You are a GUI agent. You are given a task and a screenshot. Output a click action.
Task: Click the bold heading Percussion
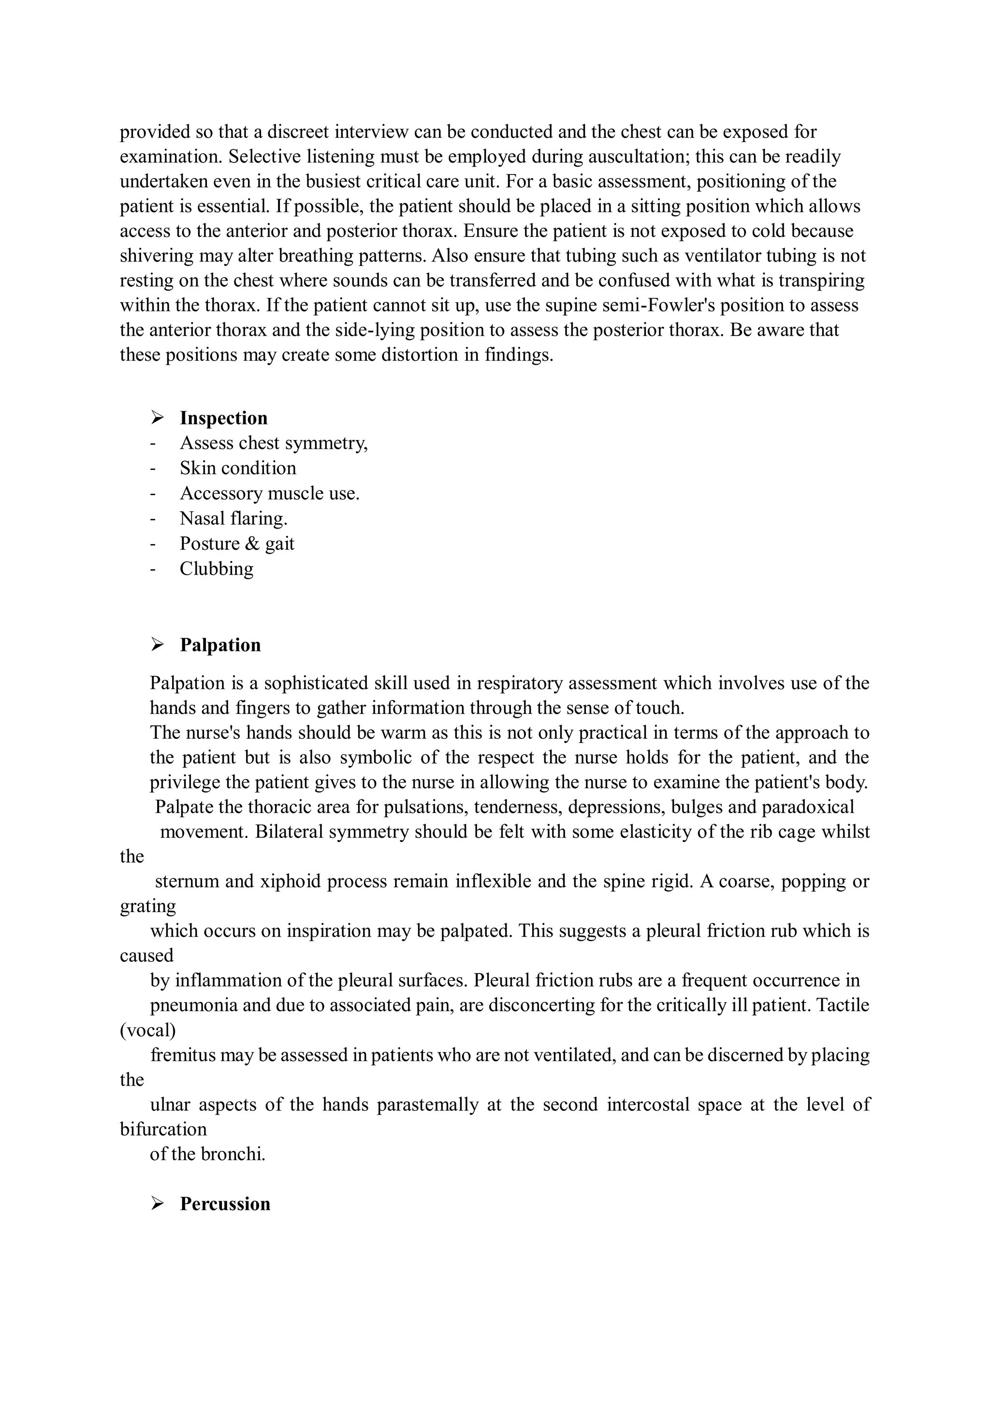coord(224,1204)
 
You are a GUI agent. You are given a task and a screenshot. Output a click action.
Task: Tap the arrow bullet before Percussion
coord(158,1204)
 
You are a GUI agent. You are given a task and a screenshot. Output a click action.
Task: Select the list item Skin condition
coord(237,468)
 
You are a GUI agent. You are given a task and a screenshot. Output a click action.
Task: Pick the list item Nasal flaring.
coord(233,518)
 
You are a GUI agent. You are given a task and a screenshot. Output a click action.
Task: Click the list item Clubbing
coord(216,569)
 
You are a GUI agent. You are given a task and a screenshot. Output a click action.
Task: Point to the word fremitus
coord(183,1055)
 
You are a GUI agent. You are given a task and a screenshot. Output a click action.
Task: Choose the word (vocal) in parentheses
coord(147,1030)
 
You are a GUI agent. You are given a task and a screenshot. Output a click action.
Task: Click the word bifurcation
coord(163,1130)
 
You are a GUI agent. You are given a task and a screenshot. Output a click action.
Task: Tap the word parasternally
coord(427,1105)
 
